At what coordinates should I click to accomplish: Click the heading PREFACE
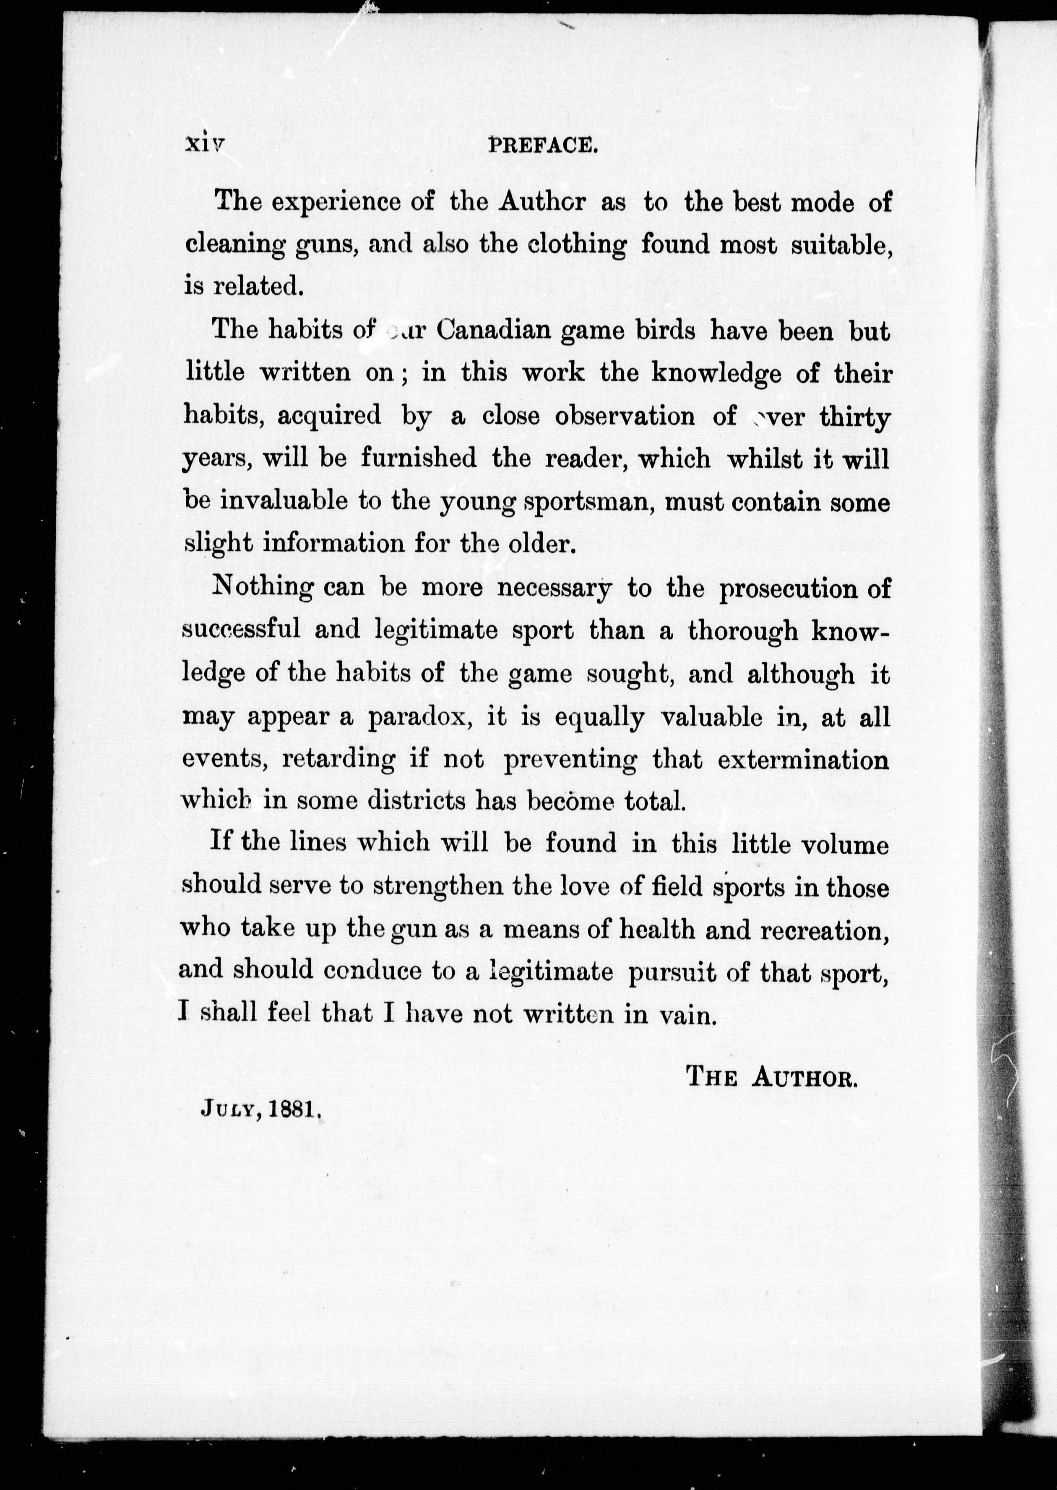pyautogui.click(x=542, y=144)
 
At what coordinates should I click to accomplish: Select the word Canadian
pyautogui.click(x=494, y=330)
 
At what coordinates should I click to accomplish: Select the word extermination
pyautogui.click(x=803, y=760)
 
